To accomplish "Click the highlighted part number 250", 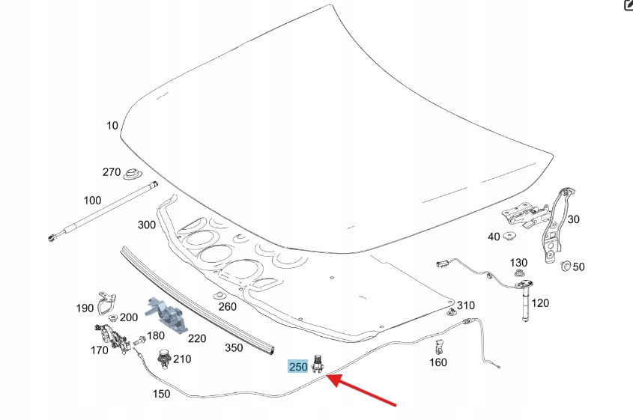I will (298, 367).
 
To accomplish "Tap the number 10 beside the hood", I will (112, 126).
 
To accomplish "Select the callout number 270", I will (112, 172).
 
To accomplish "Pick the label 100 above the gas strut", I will (92, 201).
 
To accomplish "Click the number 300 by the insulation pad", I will (147, 225).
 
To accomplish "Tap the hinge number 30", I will (574, 219).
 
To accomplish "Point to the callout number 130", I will (519, 263).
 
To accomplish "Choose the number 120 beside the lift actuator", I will (540, 302).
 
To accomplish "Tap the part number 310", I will (466, 305).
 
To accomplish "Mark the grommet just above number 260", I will (217, 294).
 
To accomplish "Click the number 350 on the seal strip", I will (234, 347).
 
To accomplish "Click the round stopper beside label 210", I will (163, 359).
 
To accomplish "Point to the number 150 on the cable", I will (160, 394).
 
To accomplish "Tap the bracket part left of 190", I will (106, 301).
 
